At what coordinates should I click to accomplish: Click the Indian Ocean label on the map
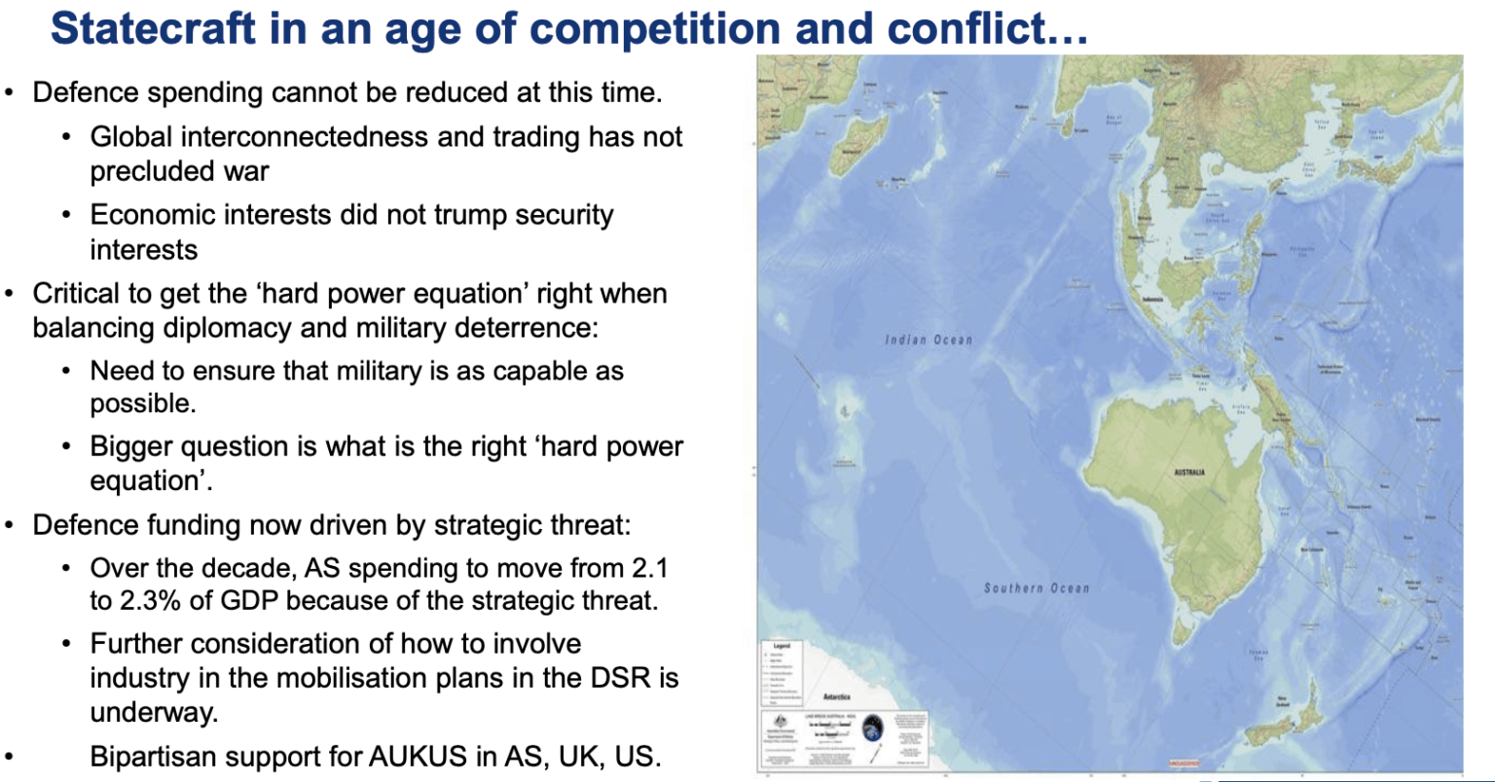tap(929, 339)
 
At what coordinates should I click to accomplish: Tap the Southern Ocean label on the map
tap(1037, 588)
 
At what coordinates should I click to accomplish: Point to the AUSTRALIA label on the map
tap(1189, 472)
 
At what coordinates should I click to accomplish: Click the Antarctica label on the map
tap(837, 696)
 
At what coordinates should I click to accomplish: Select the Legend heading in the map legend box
tap(781, 646)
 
